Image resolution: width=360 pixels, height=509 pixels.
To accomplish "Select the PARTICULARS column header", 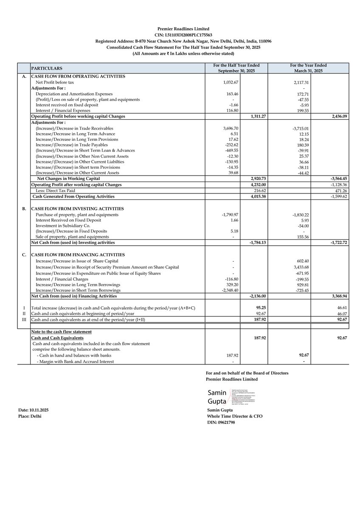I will [47, 68].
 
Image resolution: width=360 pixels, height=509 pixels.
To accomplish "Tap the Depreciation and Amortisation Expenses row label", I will [74, 94].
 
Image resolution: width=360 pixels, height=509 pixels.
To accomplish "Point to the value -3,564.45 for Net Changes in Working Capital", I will [335, 179].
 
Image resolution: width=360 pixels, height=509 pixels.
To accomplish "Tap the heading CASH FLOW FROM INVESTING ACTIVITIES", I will [78, 209].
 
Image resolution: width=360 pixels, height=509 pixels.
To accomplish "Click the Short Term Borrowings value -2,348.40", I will [228, 290].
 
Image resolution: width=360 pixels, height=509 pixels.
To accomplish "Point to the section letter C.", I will [23, 255].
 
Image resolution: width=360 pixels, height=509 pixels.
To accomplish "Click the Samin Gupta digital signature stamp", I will [232, 397].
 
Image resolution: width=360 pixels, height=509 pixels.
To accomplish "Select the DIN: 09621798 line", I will [220, 422].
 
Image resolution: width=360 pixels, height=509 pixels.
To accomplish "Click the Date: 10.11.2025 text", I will [34, 411].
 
